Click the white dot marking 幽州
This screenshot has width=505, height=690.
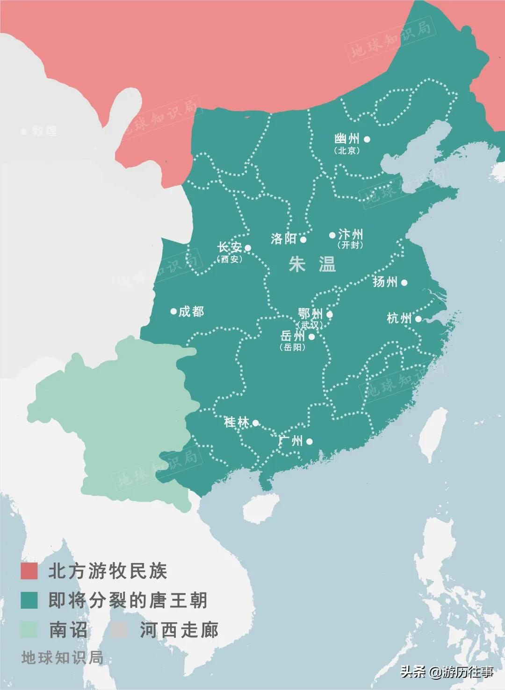point(367,139)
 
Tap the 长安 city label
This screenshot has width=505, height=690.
point(229,247)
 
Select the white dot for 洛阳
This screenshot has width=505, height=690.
point(303,240)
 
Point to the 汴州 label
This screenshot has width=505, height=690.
point(350,234)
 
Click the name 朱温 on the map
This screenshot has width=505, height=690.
point(312,265)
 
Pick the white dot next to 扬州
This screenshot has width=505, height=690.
point(404,282)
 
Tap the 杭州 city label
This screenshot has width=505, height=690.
point(399,318)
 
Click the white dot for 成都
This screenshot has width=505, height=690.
point(173,311)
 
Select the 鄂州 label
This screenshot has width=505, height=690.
point(310,313)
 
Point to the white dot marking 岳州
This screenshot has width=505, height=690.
point(311,336)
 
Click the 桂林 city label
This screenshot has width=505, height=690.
point(237,422)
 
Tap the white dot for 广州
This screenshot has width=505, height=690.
point(309,441)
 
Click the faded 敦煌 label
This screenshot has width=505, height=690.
point(44,131)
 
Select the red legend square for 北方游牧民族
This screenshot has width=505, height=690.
point(29,571)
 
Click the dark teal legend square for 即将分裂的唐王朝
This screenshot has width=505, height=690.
point(29,600)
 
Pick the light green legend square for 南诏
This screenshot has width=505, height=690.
point(29,630)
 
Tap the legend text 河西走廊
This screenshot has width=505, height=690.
point(179,630)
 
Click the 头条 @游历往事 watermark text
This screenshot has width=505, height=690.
point(447,672)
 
